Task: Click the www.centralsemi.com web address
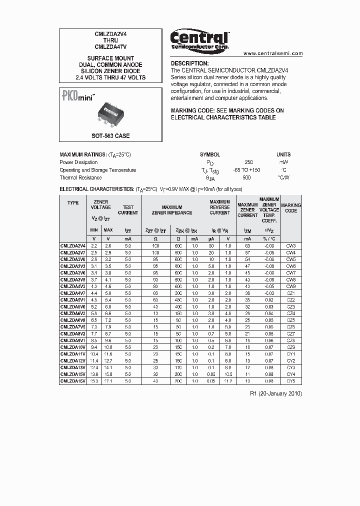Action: (273, 53)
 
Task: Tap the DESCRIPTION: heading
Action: (189, 63)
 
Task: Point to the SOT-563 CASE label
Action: (110, 135)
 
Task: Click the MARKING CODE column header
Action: (291, 208)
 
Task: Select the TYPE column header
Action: (73, 203)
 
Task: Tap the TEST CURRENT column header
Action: (128, 210)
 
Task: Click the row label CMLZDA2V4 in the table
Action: (73, 246)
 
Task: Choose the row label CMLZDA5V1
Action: (73, 300)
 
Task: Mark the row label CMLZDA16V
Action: (73, 381)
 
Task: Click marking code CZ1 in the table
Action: (291, 293)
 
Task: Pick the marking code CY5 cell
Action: (291, 381)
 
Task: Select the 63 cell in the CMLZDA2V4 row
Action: (247, 246)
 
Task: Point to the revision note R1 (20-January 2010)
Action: (275, 393)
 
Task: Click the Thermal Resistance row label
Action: (80, 177)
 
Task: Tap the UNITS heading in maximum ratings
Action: (283, 154)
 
